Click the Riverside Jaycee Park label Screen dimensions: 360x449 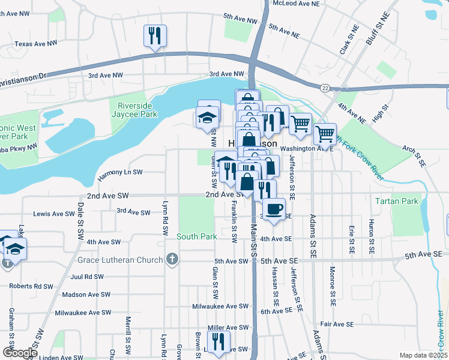click(x=134, y=109)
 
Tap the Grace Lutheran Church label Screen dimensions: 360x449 click(x=120, y=260)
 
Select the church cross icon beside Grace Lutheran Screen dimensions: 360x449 click(x=172, y=260)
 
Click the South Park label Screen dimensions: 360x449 click(x=196, y=236)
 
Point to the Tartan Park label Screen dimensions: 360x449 click(x=396, y=201)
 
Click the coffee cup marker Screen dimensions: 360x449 click(x=274, y=209)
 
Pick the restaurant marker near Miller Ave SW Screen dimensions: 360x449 click(x=218, y=342)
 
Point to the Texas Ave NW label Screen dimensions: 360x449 click(x=35, y=44)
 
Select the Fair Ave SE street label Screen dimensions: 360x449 click(x=337, y=324)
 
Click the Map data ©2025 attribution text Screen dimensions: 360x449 click(x=423, y=355)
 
